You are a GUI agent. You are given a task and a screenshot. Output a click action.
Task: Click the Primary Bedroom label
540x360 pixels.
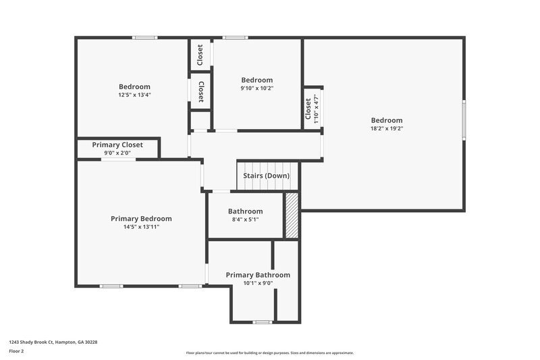click(141, 218)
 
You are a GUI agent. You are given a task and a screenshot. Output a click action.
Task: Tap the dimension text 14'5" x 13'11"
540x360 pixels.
click(141, 227)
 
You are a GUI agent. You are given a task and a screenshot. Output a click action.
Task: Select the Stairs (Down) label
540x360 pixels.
click(267, 176)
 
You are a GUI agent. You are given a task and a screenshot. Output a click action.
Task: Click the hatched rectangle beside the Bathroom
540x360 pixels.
click(292, 215)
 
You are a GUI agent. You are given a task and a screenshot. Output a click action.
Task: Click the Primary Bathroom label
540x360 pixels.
click(258, 275)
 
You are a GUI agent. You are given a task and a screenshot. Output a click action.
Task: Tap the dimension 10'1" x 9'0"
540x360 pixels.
click(258, 284)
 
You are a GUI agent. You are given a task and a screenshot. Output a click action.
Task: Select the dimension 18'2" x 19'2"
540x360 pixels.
click(386, 128)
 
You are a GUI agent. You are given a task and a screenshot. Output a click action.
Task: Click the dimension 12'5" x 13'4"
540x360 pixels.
click(134, 95)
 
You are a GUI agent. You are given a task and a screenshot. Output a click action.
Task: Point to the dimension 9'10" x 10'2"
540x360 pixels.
click(257, 88)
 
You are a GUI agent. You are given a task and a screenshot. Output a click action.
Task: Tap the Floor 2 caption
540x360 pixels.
click(17, 352)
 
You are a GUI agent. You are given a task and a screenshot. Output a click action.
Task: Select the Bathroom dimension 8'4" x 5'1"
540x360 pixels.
click(245, 220)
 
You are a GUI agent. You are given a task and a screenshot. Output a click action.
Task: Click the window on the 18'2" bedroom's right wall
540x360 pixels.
click(464, 120)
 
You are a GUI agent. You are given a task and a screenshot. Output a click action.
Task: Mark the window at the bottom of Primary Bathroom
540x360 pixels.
click(263, 322)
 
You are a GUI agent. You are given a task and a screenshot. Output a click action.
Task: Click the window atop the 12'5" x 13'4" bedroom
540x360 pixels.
click(144, 38)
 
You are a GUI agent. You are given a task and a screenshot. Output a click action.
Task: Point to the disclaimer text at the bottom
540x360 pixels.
click(270, 353)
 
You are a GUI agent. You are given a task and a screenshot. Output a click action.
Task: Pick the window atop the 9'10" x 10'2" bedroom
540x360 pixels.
click(235, 38)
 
